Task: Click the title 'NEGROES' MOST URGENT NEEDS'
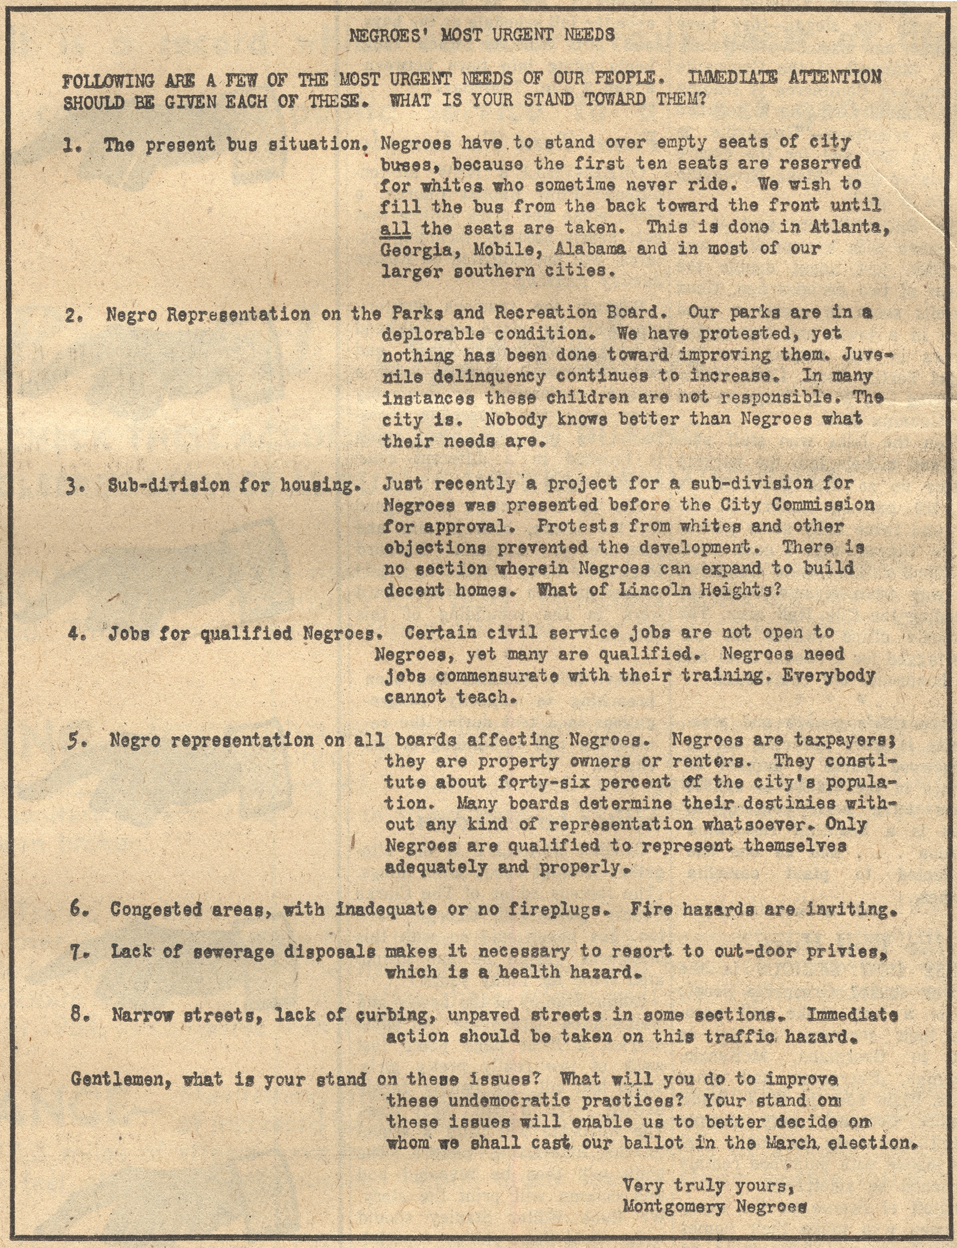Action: [481, 35]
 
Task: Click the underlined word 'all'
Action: [395, 228]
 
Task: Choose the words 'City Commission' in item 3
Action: [797, 505]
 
